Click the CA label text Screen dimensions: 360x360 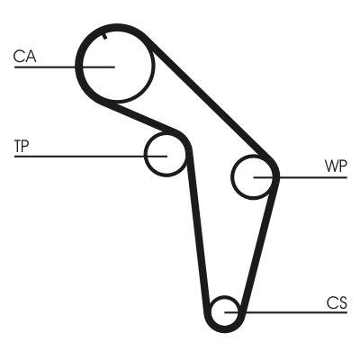click(24, 57)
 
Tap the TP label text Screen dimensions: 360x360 click(22, 144)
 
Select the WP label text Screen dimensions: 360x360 click(335, 167)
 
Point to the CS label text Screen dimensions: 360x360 click(337, 302)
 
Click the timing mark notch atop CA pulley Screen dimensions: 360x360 click(105, 36)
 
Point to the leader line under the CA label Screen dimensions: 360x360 click(45, 66)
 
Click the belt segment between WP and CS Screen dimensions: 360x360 click(257, 252)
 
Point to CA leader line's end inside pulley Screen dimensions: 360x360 click(114, 66)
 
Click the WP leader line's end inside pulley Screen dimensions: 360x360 click(255, 177)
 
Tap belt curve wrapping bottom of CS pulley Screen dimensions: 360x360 click(223, 328)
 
